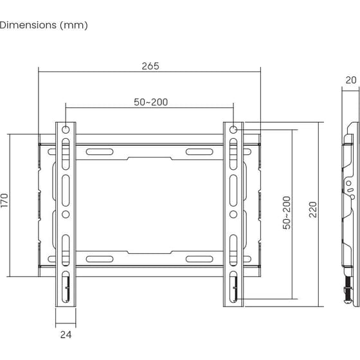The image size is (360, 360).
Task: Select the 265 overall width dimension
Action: coord(150,66)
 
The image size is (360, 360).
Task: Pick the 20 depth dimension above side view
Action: coord(350,80)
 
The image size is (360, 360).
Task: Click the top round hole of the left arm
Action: coord(66,130)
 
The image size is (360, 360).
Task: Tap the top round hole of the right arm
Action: coord(233,130)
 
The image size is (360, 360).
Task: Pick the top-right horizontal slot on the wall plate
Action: coord(199,152)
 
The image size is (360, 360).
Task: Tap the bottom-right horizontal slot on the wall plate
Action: coord(199,259)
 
